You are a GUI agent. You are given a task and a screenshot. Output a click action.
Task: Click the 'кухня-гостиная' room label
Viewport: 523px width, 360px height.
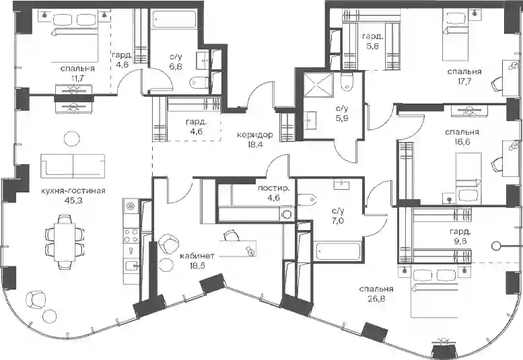73,191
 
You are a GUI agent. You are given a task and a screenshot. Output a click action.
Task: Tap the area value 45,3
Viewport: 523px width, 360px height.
73,201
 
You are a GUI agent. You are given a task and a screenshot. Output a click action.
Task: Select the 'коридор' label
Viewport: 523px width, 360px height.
255,135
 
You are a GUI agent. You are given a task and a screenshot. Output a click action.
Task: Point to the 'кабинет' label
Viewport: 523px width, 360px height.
197,256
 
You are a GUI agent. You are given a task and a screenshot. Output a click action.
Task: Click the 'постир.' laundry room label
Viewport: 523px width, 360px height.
273,188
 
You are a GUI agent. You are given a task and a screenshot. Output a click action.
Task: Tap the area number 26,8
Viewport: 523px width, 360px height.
376,298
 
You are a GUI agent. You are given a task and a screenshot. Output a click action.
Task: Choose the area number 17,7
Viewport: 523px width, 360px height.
464,81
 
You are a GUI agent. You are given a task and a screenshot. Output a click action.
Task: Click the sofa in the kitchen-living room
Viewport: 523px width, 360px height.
73,167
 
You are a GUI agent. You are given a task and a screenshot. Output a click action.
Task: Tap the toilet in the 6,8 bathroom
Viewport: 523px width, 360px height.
199,81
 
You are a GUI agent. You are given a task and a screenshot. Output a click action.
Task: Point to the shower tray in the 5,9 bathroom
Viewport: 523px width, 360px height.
318,85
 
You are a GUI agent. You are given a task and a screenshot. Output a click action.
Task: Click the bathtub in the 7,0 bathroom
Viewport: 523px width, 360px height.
337,252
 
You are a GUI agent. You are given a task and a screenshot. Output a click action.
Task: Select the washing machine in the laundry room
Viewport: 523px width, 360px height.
287,214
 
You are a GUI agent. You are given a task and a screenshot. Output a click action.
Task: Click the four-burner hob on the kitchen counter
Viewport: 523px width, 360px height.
131,235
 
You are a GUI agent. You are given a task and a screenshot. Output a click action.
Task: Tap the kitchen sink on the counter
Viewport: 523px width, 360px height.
131,266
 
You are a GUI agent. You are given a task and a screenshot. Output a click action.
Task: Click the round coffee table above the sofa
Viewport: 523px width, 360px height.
72,139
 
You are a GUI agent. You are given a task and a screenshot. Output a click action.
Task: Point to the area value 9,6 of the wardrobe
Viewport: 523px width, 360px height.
460,241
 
